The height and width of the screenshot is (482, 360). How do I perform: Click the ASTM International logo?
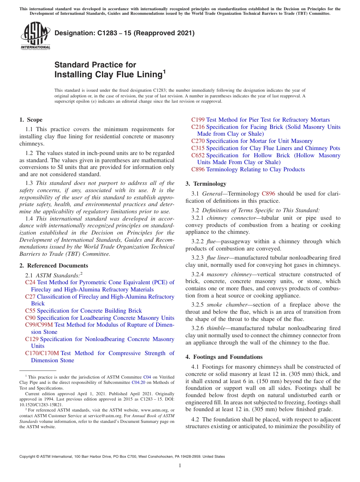click(35, 36)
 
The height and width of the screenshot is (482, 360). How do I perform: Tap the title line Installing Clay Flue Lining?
click(108, 75)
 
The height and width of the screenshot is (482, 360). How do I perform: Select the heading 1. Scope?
click(31, 120)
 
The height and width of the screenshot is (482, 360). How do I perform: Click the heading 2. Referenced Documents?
click(53, 266)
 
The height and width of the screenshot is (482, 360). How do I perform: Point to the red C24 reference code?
click(30, 282)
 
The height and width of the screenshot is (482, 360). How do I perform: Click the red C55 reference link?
click(30, 311)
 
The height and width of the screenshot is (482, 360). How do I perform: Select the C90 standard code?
click(30, 318)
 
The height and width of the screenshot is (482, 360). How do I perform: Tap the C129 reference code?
click(32, 339)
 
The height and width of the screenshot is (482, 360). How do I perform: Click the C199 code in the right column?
click(198, 120)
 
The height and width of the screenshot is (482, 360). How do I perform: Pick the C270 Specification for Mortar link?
click(252, 141)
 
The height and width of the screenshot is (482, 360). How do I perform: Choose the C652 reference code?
click(198, 155)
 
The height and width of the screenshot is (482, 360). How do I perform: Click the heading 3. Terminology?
click(206, 184)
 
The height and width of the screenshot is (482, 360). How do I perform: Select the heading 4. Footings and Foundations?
click(224, 357)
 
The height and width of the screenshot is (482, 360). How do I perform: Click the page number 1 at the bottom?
click(180, 466)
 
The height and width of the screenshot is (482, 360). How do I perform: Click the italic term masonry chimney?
click(229, 274)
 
